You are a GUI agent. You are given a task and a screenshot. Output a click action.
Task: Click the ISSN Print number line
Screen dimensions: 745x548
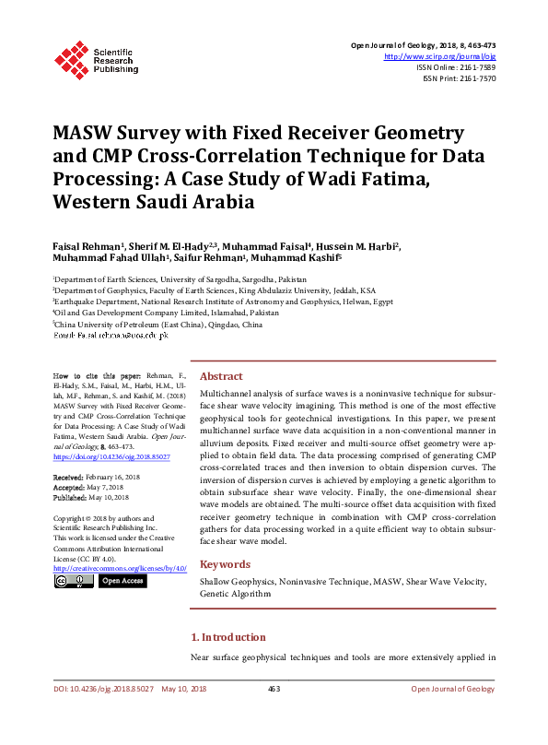(x=458, y=78)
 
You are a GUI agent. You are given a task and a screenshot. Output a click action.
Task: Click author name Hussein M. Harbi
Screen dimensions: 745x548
(x=360, y=247)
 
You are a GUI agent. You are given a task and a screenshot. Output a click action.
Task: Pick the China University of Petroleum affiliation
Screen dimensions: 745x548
(x=157, y=325)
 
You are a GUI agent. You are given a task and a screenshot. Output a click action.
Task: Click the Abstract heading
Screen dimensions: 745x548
(x=221, y=376)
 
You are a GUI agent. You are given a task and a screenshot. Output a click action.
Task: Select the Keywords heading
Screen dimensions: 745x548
(x=225, y=564)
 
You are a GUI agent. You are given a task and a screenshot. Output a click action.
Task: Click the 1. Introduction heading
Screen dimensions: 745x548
(x=227, y=637)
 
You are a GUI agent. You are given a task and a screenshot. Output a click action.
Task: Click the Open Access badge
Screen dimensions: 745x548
(x=122, y=581)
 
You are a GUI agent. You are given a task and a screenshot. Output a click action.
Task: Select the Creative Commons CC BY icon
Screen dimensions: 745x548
(x=73, y=581)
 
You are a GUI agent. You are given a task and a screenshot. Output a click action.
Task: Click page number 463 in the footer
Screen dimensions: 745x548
(x=274, y=689)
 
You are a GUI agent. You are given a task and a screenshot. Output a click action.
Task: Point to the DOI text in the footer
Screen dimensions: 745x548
(x=103, y=689)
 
